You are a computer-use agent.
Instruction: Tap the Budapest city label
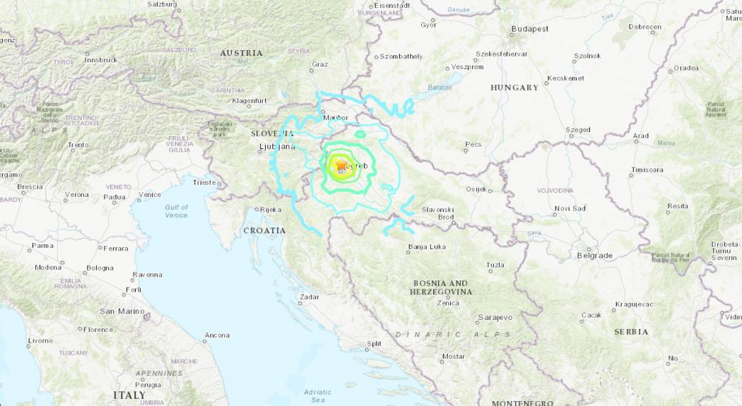click(530, 29)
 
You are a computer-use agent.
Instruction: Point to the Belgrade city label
click(594, 255)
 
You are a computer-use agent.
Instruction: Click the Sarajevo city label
click(495, 318)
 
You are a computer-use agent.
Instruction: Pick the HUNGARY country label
click(514, 88)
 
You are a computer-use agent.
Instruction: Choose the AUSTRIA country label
click(241, 53)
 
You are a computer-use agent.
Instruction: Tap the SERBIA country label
click(631, 331)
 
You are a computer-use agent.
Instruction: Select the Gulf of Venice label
click(176, 211)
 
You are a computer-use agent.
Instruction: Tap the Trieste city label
click(204, 182)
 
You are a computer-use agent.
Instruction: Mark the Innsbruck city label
click(100, 60)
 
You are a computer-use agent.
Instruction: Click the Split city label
click(374, 344)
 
